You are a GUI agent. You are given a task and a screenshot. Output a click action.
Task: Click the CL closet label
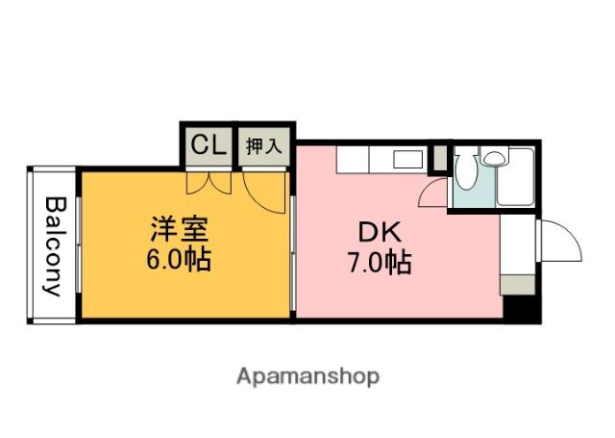(x=208, y=145)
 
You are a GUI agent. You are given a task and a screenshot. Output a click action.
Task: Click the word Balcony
(x=54, y=246)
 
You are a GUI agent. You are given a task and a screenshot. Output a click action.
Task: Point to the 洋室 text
(x=180, y=232)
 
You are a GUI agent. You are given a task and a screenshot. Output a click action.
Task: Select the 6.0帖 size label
(x=180, y=260)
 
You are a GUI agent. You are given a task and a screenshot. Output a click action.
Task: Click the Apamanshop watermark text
(x=307, y=374)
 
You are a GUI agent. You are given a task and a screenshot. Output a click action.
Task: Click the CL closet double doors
(x=209, y=181)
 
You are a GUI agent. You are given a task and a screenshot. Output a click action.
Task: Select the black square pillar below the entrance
(x=518, y=309)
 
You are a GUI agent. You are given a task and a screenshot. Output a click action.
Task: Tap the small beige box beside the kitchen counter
(x=439, y=158)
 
